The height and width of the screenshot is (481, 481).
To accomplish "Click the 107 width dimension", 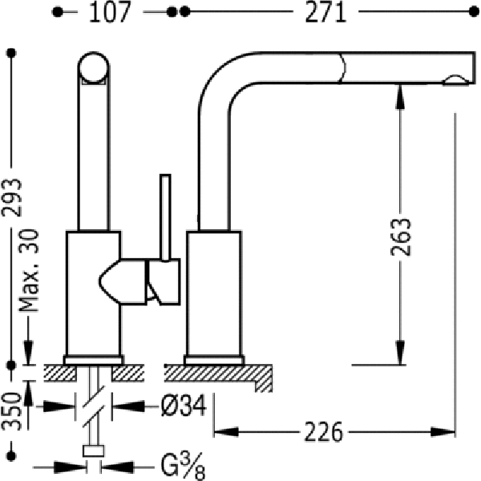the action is pyautogui.click(x=110, y=12).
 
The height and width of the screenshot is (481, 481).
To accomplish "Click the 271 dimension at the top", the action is pyautogui.click(x=325, y=12).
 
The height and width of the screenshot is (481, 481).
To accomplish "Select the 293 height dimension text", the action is pyautogui.click(x=12, y=198).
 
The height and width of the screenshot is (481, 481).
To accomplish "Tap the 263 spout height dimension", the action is pyautogui.click(x=400, y=236).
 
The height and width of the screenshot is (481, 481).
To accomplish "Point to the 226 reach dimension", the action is pyautogui.click(x=323, y=432).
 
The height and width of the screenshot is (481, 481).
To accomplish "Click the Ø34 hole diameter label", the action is pyautogui.click(x=184, y=406).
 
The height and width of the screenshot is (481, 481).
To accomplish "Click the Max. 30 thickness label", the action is pyautogui.click(x=29, y=271).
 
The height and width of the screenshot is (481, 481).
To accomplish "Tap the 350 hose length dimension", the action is pyautogui.click(x=12, y=412).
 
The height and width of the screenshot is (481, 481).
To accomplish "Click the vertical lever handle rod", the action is pyautogui.click(x=165, y=218).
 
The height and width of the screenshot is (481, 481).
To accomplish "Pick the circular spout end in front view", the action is pyautogui.click(x=94, y=67).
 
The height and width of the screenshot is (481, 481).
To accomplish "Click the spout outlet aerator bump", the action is pyautogui.click(x=456, y=79).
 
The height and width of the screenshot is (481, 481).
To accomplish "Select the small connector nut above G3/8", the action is pyautogui.click(x=94, y=451).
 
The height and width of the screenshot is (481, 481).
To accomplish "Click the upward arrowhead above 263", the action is pyautogui.click(x=400, y=96).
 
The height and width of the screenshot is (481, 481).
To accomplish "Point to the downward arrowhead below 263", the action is pyautogui.click(x=400, y=353).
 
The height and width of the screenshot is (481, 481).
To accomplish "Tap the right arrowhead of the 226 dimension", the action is pyautogui.click(x=443, y=432).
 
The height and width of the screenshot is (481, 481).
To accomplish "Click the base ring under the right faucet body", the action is pyautogui.click(x=214, y=360).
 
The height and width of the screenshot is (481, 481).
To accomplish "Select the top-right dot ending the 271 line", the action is pyautogui.click(x=474, y=12).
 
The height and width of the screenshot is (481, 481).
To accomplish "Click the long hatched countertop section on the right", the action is pyautogui.click(x=218, y=377).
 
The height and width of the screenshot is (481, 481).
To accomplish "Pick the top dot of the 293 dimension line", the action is pyautogui.click(x=12, y=53).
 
